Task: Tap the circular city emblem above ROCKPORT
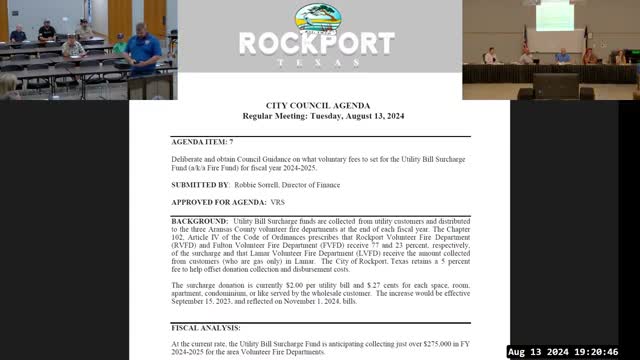coord(316,17)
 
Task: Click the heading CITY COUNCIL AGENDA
coord(319,105)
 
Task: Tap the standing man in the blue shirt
coord(143,55)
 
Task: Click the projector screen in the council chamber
coord(553,15)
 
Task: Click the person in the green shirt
coord(121,44)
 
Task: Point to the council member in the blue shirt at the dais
coord(562,56)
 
